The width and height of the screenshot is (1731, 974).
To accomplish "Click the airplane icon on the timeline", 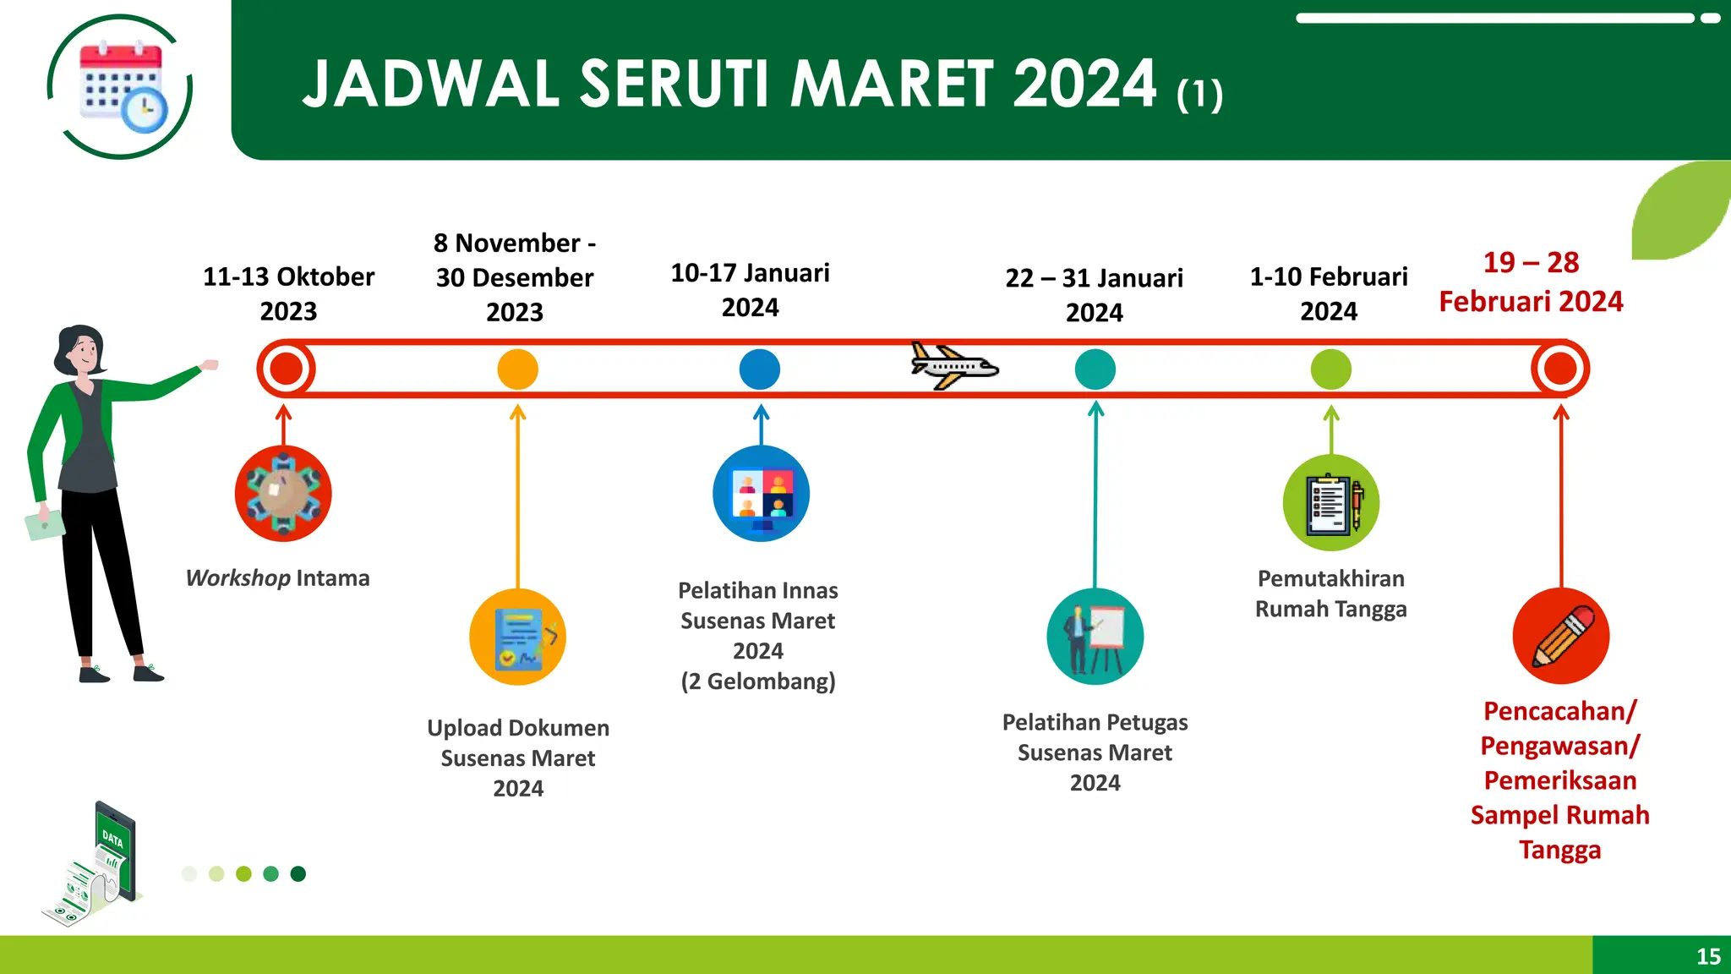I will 953,367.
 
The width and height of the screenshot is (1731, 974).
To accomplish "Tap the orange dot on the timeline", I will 517,369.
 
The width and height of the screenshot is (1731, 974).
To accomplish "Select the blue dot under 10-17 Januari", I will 759,369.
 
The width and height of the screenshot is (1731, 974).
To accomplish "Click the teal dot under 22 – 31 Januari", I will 1095,369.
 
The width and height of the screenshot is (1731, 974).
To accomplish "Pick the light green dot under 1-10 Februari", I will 1330,369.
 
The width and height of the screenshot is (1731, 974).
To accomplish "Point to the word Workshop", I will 238,578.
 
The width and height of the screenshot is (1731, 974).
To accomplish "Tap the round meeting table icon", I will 283,494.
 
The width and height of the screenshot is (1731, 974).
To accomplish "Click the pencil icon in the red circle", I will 1560,637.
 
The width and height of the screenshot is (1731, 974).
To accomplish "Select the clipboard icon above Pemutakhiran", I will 1330,503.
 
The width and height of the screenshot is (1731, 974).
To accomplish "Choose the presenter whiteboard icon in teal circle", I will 1095,637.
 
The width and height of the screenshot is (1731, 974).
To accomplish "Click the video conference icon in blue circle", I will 761,494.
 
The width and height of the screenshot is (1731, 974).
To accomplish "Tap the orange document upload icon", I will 517,637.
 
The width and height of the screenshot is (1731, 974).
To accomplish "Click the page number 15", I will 1708,956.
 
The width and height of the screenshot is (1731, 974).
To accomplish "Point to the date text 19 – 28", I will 1531,263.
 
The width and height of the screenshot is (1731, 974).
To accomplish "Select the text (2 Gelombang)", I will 758,681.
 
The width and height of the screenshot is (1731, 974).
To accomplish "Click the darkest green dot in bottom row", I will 298,873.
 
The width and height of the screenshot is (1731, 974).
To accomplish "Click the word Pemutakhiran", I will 1330,579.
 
